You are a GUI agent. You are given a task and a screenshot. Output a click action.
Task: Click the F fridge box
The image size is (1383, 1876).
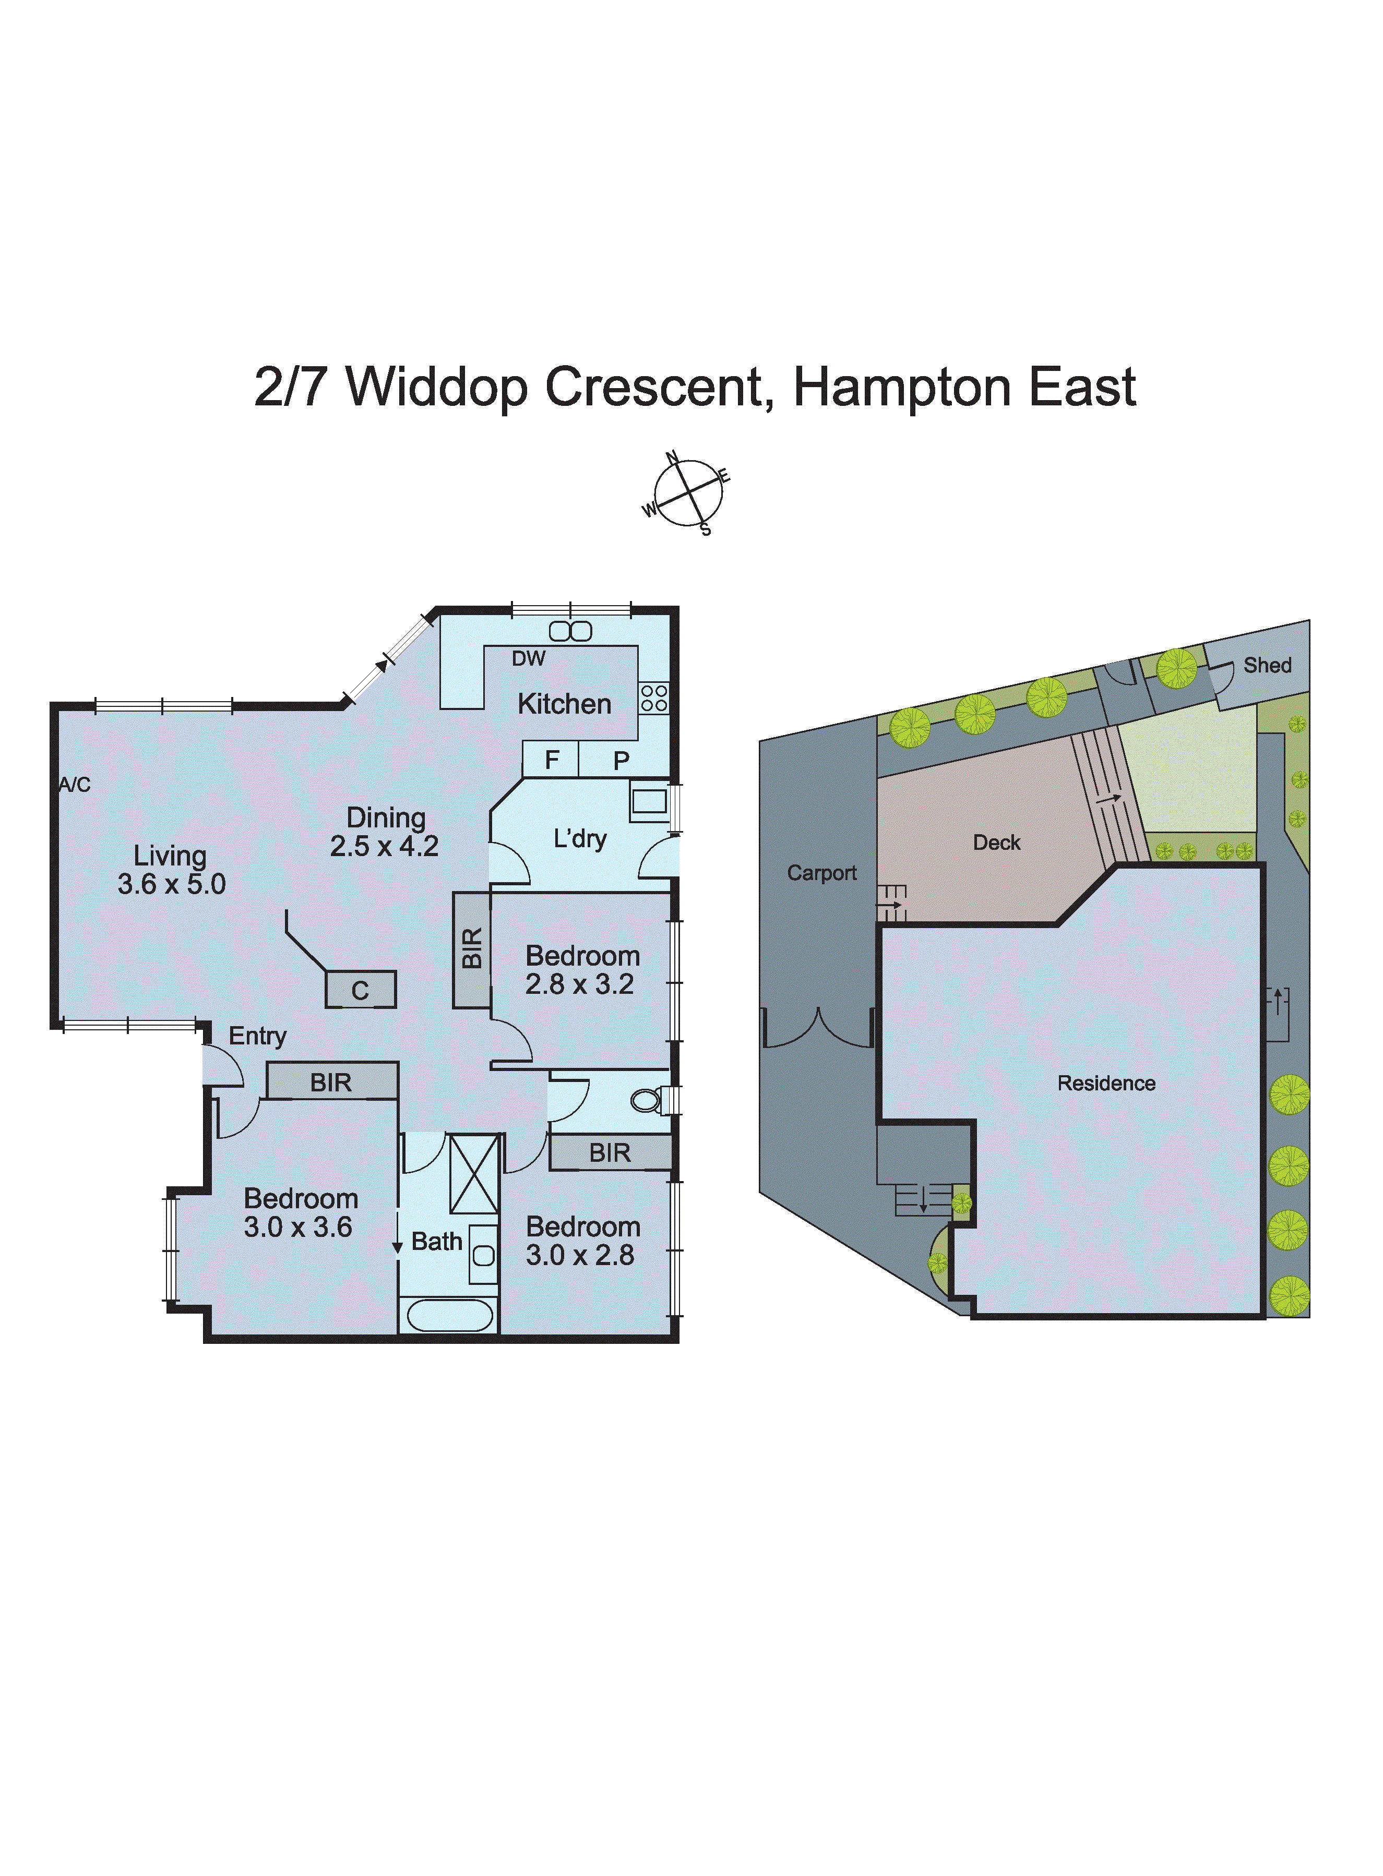(x=551, y=760)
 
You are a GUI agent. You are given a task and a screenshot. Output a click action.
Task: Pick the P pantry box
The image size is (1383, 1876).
(x=621, y=760)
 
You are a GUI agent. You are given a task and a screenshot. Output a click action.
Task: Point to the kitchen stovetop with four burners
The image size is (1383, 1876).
(x=654, y=698)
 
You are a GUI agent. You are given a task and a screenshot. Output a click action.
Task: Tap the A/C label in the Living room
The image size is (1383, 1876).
(x=75, y=785)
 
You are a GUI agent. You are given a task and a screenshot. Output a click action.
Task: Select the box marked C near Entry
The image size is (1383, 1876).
(x=361, y=990)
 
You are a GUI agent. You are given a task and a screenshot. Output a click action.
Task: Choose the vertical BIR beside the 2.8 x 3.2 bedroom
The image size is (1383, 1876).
(x=471, y=949)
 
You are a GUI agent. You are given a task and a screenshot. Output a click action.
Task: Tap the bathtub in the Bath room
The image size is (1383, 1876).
(x=449, y=1315)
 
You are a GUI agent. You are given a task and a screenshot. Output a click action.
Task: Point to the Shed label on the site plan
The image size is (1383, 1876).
(x=1267, y=665)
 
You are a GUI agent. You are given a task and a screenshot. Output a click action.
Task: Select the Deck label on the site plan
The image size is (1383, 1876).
(x=996, y=843)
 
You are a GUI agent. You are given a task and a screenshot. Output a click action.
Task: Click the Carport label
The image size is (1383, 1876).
(x=821, y=873)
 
